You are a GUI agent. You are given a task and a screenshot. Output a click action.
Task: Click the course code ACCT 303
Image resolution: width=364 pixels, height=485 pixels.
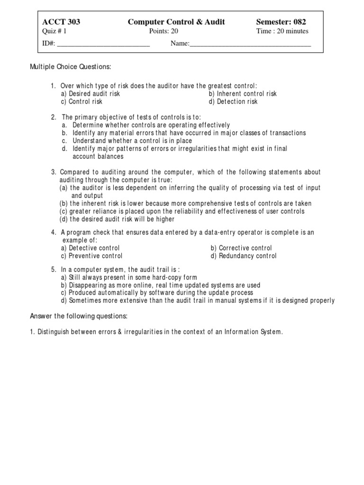61,22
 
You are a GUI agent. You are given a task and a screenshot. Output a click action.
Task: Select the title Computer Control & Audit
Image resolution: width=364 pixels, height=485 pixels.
176,22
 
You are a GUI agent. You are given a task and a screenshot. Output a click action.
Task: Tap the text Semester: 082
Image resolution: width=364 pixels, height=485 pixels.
281,22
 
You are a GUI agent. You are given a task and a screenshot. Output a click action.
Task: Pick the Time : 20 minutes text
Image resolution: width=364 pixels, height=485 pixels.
282,31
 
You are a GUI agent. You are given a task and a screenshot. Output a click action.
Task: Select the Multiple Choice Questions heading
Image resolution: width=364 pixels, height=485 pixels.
71,67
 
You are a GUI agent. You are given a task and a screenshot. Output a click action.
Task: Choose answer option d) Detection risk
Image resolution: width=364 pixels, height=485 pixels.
233,101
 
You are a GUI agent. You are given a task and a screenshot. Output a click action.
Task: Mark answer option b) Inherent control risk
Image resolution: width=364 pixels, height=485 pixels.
243,94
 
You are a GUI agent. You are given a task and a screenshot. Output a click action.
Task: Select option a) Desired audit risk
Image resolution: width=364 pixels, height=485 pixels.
90,94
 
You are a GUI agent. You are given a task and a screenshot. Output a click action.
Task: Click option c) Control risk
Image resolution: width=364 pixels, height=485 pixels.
82,101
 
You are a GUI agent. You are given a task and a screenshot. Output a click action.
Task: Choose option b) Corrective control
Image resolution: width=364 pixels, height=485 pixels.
241,248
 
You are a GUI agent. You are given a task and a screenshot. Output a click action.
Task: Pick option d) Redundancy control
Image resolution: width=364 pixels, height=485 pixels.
244,256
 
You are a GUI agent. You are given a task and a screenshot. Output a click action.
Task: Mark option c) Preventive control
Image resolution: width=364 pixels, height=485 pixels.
91,256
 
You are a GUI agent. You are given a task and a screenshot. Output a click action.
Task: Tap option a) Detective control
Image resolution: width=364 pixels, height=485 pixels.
90,248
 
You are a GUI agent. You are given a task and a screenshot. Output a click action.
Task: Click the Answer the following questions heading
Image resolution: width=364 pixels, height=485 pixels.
79,316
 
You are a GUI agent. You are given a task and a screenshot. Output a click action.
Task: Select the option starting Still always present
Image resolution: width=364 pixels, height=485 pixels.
129,278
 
